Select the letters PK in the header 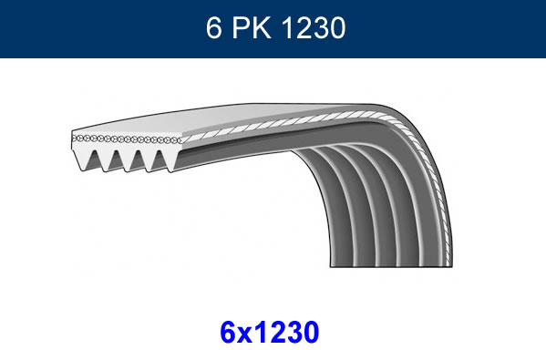coord(252,28)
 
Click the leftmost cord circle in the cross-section coord(74,138)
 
